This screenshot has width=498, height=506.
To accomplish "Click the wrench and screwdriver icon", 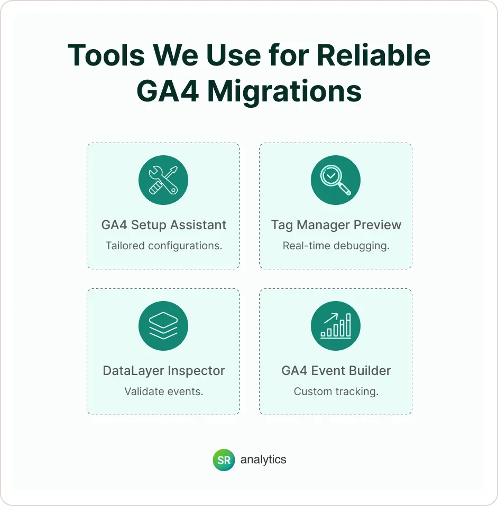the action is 163,180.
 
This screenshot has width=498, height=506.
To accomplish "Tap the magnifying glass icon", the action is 336,180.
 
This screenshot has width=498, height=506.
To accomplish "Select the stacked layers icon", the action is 163,325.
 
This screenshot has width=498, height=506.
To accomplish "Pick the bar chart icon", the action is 336,325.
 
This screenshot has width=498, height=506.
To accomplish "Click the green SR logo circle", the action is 224,460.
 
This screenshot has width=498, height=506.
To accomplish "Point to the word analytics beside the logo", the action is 263,460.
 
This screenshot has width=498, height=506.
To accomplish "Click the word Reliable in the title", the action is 374,55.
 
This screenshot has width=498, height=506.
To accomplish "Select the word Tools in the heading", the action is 106,55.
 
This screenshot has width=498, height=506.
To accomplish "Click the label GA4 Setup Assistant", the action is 164,225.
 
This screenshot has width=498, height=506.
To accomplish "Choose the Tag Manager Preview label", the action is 336,225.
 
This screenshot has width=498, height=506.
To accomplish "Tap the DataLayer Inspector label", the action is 164,371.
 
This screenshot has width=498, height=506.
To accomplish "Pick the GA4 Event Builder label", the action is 336,371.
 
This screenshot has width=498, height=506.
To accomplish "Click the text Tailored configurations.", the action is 164,246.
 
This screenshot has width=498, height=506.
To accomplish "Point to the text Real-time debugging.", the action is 336,246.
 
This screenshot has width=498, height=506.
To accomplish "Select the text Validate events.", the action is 164,391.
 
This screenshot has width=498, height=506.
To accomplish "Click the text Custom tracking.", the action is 336,392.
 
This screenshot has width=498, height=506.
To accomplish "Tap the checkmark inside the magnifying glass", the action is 331,176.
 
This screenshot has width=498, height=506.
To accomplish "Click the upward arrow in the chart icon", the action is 331,318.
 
